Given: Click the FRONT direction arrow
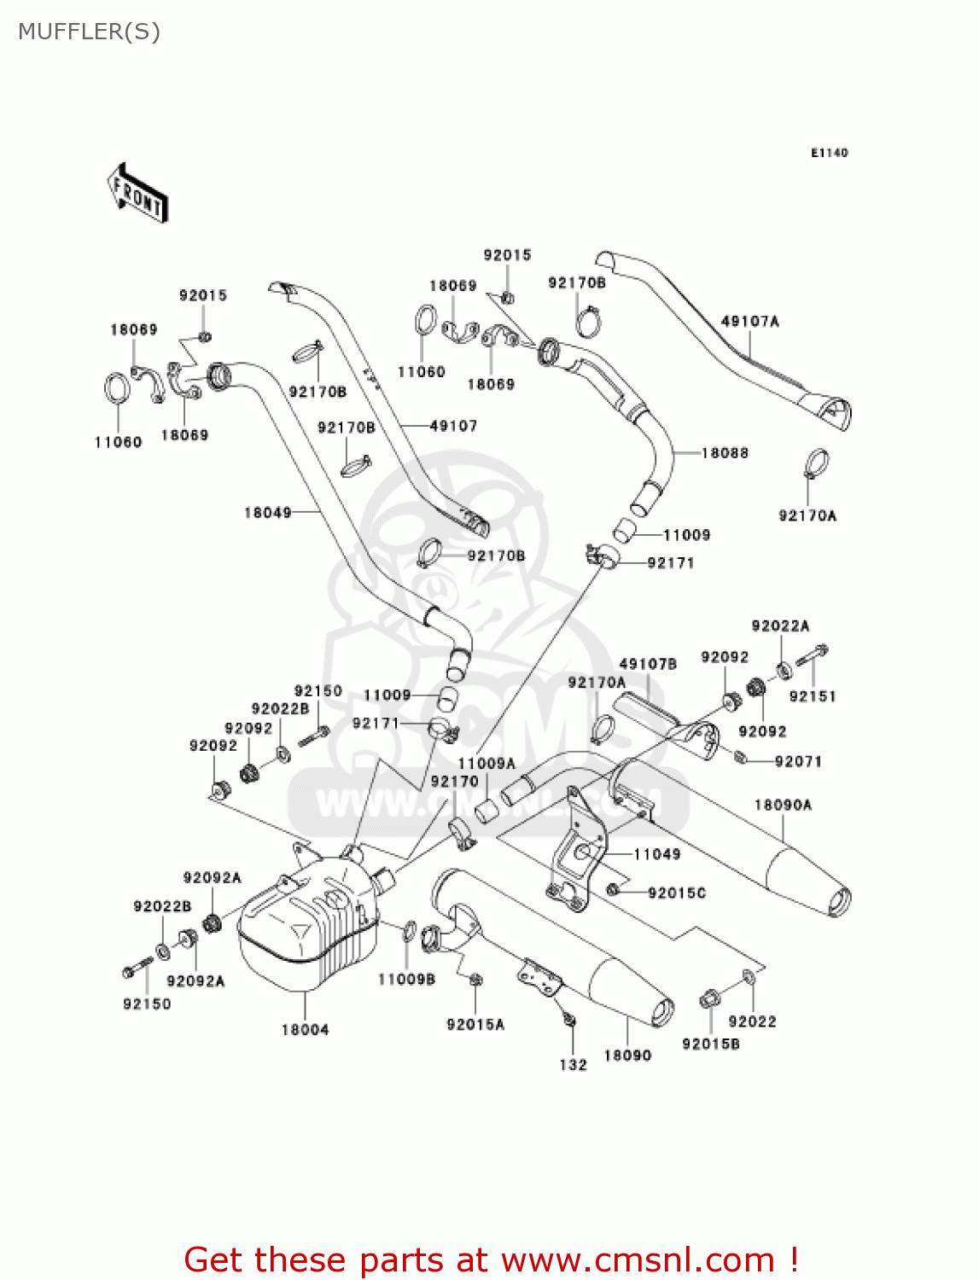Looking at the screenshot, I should (137, 194).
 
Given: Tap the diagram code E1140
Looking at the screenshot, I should (829, 153).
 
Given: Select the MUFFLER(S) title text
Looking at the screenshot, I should (89, 32).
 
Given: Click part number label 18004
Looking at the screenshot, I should (305, 1030).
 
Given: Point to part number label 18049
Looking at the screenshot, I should (267, 513).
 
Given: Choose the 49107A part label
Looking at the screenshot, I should (749, 322).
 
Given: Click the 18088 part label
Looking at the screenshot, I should (725, 453).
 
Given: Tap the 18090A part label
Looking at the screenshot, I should (783, 805).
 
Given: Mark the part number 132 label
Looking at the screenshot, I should (573, 1065).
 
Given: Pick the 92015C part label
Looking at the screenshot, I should (677, 893).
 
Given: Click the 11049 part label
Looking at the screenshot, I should (657, 854).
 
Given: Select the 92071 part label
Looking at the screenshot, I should (798, 761).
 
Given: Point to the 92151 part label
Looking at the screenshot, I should (813, 696).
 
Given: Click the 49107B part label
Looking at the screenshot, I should (648, 664).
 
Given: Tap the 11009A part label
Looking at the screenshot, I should (487, 764).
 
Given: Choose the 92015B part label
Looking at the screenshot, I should (710, 1044).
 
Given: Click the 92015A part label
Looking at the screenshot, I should (475, 1025).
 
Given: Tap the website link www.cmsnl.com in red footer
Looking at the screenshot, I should (638, 1260).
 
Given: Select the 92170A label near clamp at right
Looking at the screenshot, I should (807, 515).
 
